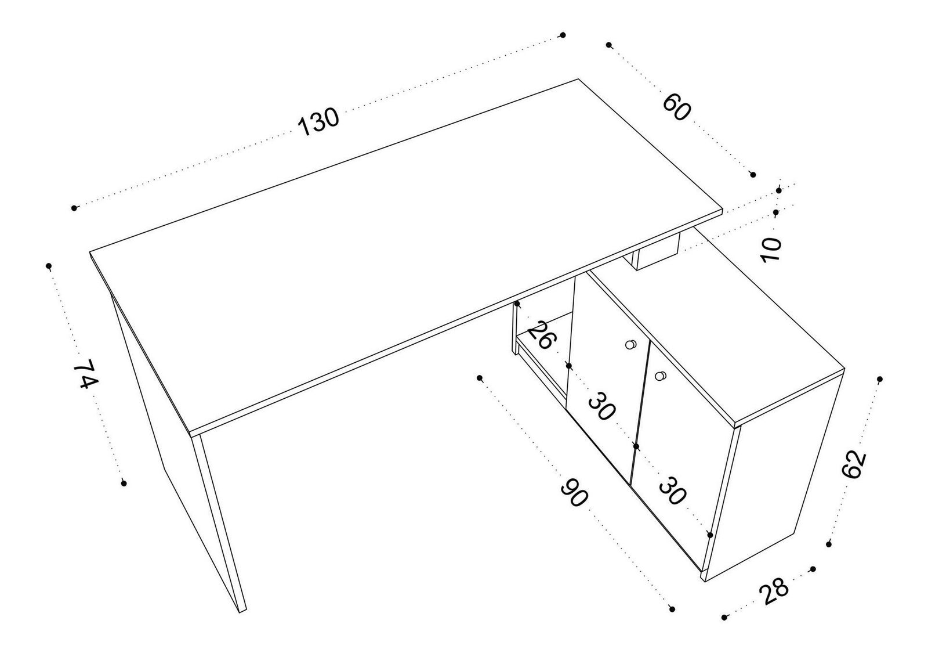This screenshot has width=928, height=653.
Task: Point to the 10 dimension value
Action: (x=773, y=250)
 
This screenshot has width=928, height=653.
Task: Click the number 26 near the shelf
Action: (x=539, y=335)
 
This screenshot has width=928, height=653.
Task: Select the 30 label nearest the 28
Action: (x=673, y=490)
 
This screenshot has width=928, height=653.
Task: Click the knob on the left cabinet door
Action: (x=630, y=345)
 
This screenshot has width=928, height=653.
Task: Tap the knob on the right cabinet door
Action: (x=659, y=376)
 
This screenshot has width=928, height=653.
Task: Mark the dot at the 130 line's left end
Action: (x=74, y=208)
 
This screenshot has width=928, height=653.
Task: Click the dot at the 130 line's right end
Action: (x=562, y=35)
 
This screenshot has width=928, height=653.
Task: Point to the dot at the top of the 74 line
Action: (x=49, y=266)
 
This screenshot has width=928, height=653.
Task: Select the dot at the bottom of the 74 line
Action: (x=124, y=483)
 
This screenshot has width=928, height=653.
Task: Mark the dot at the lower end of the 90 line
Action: (x=672, y=608)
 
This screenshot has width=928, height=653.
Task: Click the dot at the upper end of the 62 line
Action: (x=879, y=379)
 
